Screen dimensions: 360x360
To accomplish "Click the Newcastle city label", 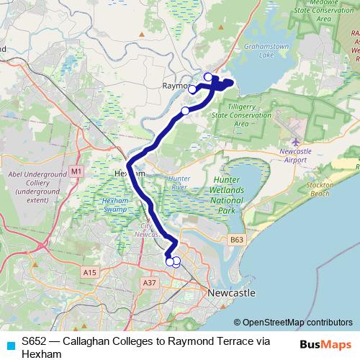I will (x=231, y=294).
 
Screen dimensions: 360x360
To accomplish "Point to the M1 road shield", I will (x=77, y=171).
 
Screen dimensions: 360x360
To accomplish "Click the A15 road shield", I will (x=90, y=272).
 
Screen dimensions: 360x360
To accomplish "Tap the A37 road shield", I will (x=150, y=283).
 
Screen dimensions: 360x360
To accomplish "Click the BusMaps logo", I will (x=325, y=345).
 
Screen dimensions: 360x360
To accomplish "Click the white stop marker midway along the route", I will (x=185, y=111).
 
